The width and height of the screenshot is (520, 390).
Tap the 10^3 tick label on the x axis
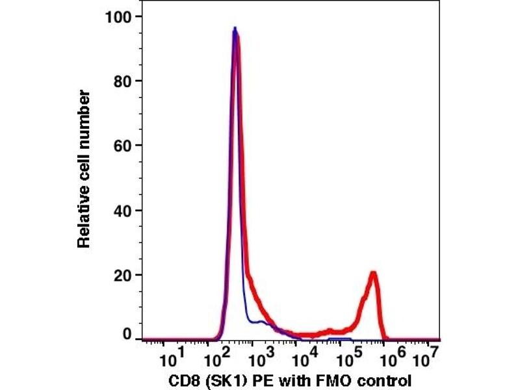(260, 356)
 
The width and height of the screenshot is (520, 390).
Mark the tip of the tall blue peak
(235, 27)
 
